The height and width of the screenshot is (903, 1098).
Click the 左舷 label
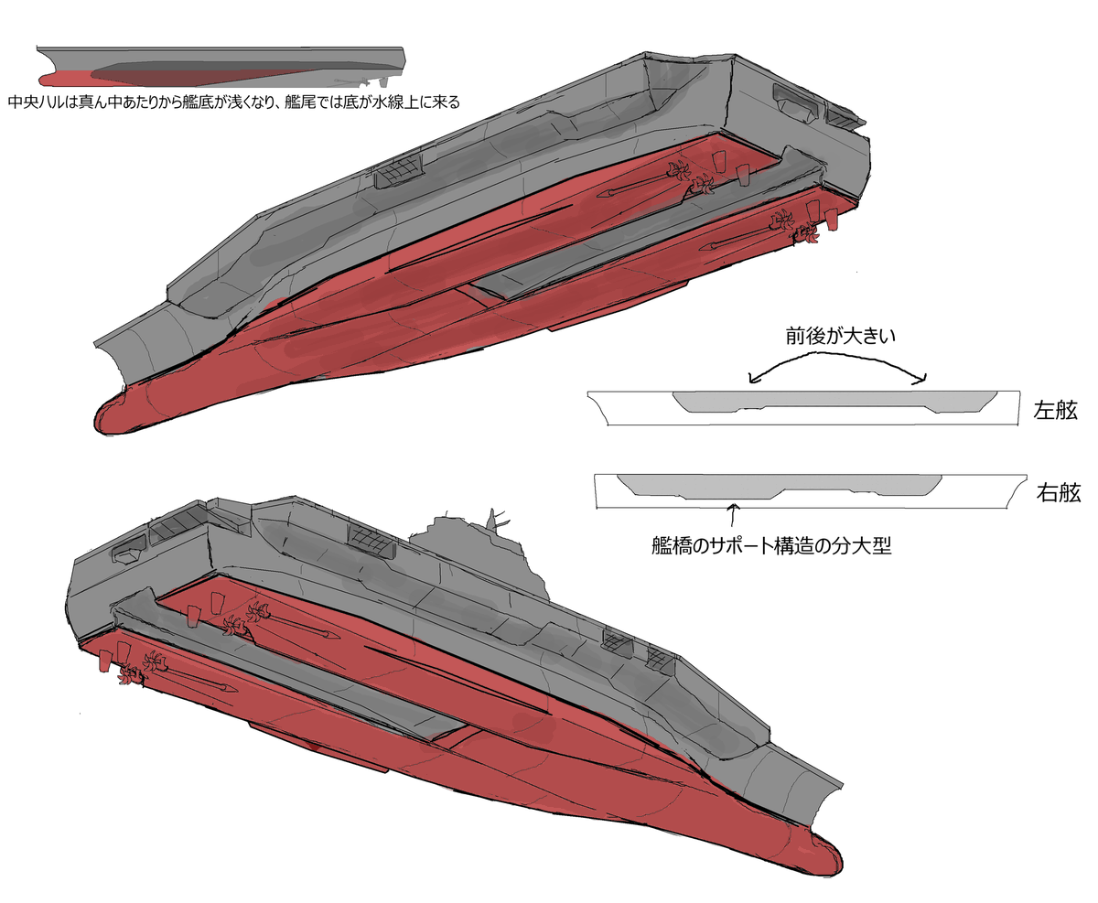(1055, 410)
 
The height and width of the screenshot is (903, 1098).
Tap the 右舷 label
(1058, 492)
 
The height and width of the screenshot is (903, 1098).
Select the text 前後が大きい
(840, 336)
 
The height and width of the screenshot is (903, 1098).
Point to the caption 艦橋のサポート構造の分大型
(771, 546)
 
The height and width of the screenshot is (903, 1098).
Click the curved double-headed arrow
(837, 355)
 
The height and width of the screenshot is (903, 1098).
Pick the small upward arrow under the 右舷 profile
(733, 514)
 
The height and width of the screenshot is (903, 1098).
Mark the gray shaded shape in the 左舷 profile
(834, 402)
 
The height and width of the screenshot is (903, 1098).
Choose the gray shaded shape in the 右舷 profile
(780, 484)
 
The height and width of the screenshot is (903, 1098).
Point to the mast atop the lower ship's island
(493, 521)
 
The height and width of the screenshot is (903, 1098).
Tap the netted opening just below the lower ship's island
(371, 540)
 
